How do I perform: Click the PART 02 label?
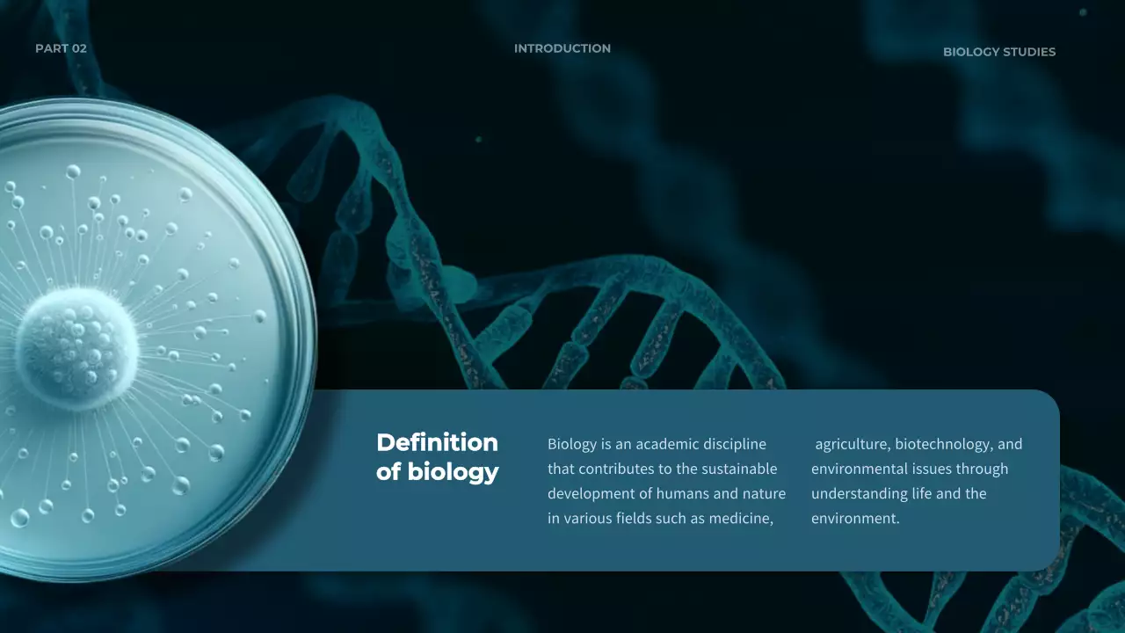coord(61,48)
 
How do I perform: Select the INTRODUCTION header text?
coord(562,48)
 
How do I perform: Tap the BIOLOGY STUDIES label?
coord(999,52)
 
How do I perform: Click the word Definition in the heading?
coord(437,442)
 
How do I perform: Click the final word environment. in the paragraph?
coord(855,519)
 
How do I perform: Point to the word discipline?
coord(734,444)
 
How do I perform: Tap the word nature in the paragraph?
coord(764,493)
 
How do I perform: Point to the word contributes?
coord(613,469)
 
